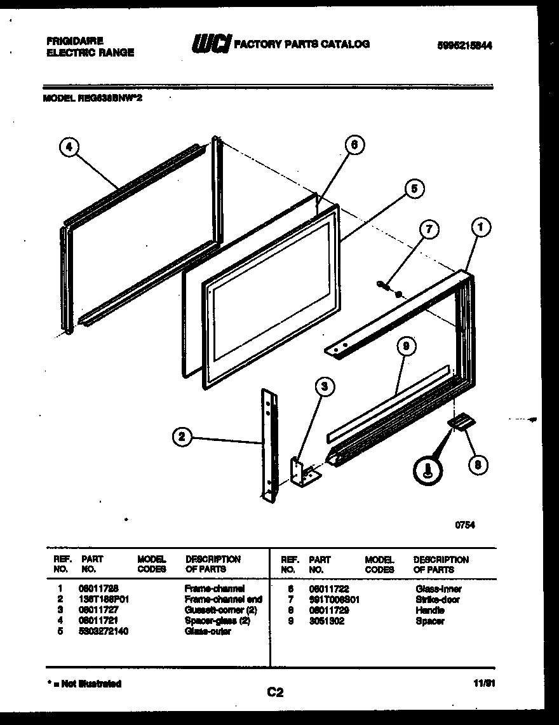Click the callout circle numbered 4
tap(70, 148)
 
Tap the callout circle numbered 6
tap(354, 146)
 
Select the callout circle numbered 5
tap(413, 189)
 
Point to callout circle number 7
tap(430, 231)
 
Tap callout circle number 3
tap(325, 386)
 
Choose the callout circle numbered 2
tap(182, 436)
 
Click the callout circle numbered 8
tap(477, 464)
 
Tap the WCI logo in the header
tap(212, 44)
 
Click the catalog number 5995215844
tap(465, 45)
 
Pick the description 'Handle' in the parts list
tap(429, 610)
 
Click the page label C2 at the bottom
tap(275, 693)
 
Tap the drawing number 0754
tap(464, 525)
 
